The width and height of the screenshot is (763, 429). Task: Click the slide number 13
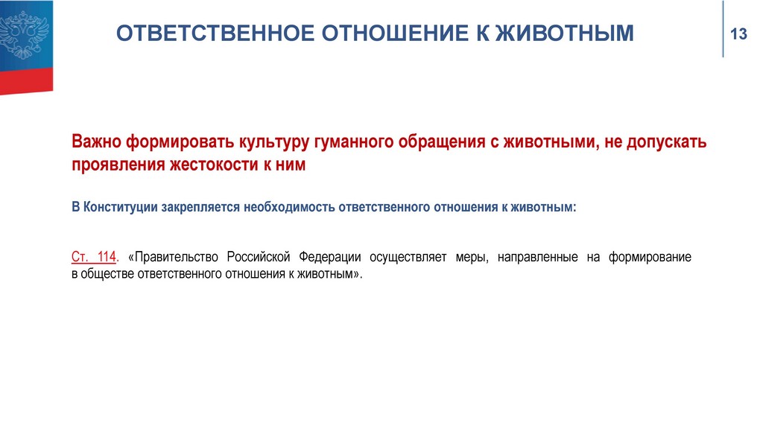(x=738, y=34)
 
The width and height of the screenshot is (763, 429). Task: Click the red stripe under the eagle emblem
(x=26, y=80)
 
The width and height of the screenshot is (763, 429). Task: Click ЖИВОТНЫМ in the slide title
(x=565, y=34)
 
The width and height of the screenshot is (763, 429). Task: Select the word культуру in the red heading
(x=273, y=142)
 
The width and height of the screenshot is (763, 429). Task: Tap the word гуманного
(x=354, y=142)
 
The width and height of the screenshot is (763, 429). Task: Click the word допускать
(x=666, y=142)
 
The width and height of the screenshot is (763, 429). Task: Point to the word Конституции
(x=121, y=207)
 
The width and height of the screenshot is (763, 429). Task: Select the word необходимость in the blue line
(x=289, y=207)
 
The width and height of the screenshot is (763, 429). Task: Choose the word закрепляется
(x=201, y=208)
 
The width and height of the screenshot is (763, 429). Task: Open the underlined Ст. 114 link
(x=94, y=257)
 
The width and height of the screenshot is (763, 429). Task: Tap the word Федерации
(x=330, y=257)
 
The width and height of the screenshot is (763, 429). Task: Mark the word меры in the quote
(x=472, y=258)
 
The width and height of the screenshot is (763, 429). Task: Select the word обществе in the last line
(x=107, y=274)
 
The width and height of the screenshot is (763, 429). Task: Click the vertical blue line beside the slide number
(x=723, y=29)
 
